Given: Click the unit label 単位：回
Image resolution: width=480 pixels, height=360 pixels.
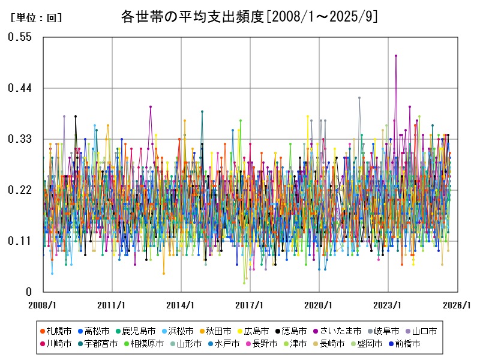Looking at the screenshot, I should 37,18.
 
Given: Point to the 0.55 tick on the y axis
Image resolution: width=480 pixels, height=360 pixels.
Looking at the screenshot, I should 19,37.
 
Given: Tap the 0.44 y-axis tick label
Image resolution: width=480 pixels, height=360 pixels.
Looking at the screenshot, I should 19,88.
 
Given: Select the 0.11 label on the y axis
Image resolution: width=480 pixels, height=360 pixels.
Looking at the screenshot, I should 19,241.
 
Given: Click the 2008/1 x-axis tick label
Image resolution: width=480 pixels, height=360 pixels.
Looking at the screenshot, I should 43,305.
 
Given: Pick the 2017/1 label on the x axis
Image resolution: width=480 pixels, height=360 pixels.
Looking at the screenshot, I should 250,305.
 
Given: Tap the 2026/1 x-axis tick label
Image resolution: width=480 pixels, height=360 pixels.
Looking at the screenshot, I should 457,305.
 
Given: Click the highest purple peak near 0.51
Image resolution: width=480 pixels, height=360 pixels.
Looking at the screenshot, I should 396,56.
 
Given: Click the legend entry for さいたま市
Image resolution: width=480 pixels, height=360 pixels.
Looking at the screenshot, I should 340,331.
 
